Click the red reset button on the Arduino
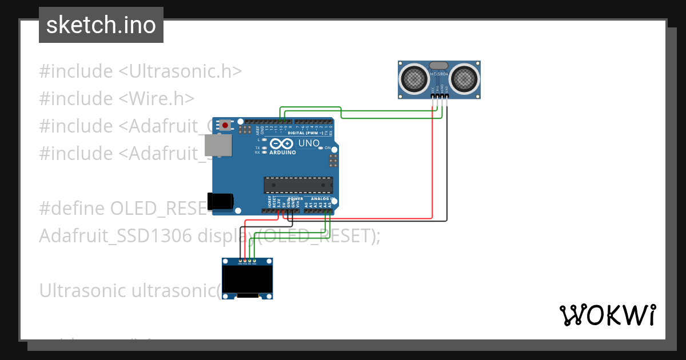[225, 125]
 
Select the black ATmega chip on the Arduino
[298, 186]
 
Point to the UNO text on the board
[309, 143]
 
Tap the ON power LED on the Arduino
[327, 149]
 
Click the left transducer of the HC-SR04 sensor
[414, 79]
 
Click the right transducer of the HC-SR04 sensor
[464, 79]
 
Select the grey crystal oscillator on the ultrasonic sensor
[439, 66]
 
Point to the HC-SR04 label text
[439, 75]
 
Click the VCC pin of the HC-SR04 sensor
[432, 95]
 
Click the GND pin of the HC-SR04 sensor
[446, 95]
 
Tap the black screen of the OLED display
[247, 280]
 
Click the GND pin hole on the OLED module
[240, 261]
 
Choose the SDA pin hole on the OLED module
[254, 261]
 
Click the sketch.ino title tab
[101, 25]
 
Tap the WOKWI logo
[607, 315]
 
